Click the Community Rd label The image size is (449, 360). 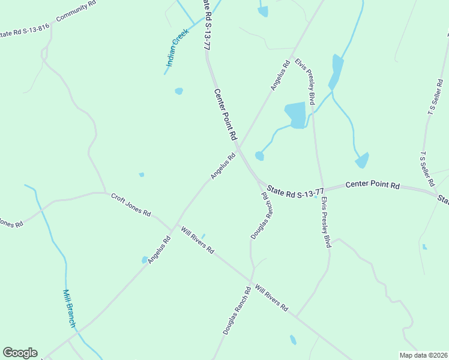coord(76,11)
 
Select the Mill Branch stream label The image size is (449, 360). coord(70,308)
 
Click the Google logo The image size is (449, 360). coord(20,353)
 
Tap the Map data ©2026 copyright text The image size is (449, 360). coord(423,355)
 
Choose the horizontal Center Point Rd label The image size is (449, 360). coord(372,185)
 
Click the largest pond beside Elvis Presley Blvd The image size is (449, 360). coord(295,115)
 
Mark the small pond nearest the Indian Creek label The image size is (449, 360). coord(178,91)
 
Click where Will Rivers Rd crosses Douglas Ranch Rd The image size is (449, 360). coord(251,281)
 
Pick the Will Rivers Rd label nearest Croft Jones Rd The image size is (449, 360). coord(197,239)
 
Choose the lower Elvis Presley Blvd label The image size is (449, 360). coord(326,222)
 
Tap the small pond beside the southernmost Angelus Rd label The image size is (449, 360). coord(145,260)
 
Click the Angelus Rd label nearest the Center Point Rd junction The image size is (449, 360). coord(223,167)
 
